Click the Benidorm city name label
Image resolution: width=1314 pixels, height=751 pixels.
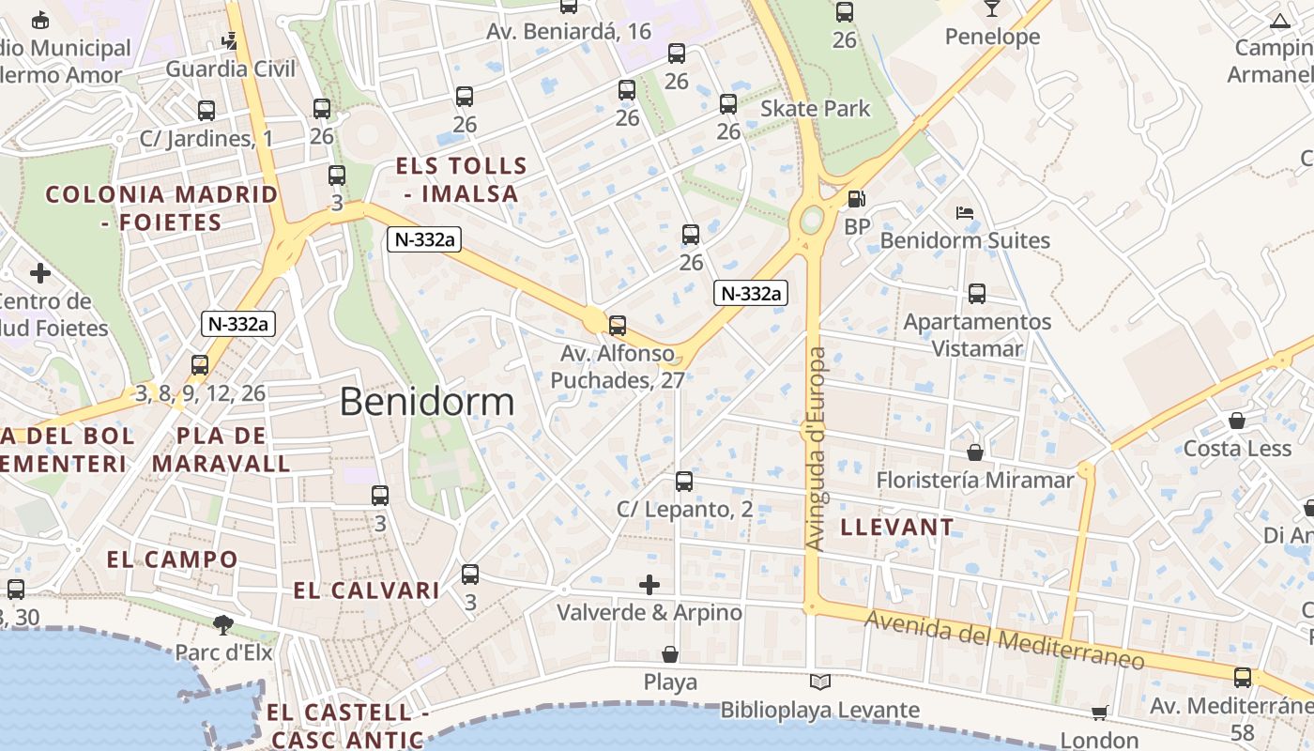click(427, 402)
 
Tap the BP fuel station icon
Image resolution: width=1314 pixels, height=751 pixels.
click(856, 199)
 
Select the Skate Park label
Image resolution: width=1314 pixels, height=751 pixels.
click(815, 109)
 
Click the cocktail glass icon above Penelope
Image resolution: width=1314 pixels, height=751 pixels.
click(992, 8)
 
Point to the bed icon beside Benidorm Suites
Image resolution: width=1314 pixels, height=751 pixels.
click(964, 213)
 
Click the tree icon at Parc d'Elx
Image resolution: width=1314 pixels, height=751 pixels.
click(223, 624)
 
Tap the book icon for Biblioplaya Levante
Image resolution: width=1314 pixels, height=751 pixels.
click(820, 682)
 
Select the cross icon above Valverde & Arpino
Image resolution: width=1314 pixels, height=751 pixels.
click(649, 585)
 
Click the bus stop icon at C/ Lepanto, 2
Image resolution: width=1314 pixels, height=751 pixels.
click(684, 482)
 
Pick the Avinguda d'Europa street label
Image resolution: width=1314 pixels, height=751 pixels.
click(816, 449)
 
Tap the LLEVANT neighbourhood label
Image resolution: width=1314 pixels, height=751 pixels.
click(896, 527)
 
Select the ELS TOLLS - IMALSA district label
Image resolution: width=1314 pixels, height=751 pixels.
click(461, 180)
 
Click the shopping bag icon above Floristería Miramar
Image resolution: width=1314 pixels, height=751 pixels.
click(975, 452)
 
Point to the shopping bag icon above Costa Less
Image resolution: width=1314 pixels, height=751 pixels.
click(1237, 421)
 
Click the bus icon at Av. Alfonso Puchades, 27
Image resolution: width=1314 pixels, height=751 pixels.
click(618, 326)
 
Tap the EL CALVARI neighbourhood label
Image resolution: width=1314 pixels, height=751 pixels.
click(366, 590)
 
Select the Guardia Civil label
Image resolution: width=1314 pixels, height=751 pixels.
click(230, 69)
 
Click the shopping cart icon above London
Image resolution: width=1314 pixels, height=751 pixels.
click(1100, 713)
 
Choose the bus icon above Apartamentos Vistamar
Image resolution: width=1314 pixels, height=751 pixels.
click(977, 294)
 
